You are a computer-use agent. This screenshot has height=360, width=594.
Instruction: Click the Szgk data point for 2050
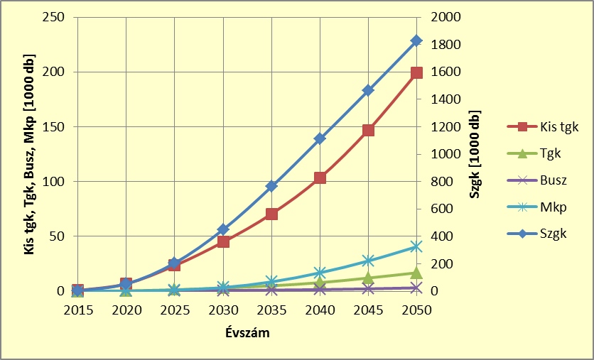click(x=416, y=40)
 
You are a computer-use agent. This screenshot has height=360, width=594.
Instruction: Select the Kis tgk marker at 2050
click(x=416, y=72)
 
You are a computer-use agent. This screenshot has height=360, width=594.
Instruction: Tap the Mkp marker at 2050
click(x=416, y=246)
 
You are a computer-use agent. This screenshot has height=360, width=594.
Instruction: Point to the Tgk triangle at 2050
click(x=416, y=273)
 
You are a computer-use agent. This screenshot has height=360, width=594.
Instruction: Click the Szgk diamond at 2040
click(x=320, y=138)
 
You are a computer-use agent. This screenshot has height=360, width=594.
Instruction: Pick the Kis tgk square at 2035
click(x=271, y=214)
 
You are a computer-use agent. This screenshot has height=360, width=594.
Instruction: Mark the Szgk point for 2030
click(x=223, y=229)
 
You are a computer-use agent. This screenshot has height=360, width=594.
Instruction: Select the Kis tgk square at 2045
click(x=368, y=130)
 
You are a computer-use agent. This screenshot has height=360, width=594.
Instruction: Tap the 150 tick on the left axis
click(x=55, y=126)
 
